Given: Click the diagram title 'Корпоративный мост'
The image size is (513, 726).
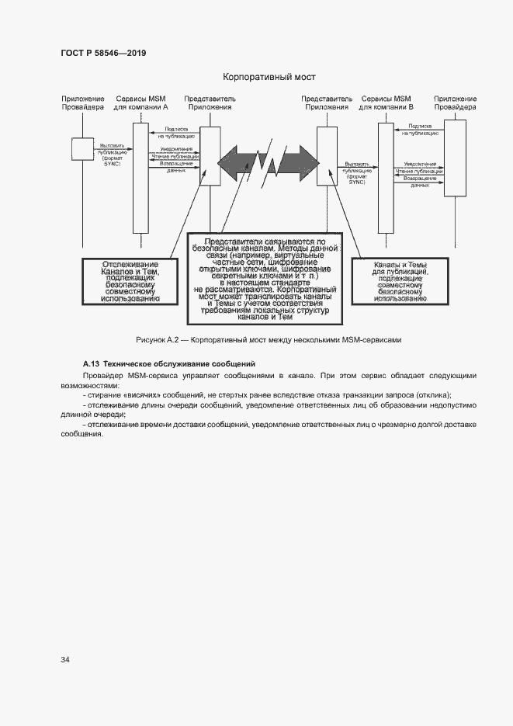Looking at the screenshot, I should [x=269, y=77].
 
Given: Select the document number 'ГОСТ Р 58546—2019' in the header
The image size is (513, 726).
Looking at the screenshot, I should [x=102, y=53].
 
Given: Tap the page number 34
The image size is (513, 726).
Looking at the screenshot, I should [x=65, y=660].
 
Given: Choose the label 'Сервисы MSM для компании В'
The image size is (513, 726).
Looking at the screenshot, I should [x=386, y=103].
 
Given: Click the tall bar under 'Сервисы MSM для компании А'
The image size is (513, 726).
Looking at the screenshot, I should [x=140, y=178].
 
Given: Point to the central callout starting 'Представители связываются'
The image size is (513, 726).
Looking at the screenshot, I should [x=265, y=280].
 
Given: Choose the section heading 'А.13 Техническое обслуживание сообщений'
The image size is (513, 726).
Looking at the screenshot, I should [x=168, y=363].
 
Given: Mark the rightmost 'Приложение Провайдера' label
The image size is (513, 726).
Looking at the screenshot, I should [x=455, y=103].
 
